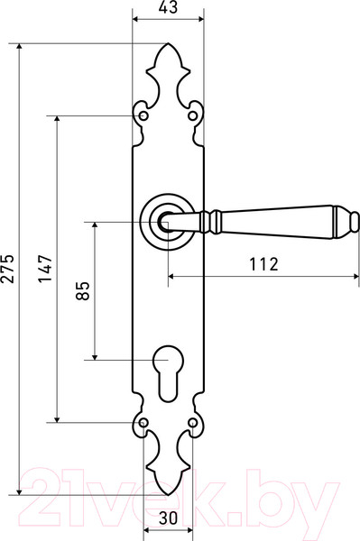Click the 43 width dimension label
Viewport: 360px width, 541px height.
[169, 7]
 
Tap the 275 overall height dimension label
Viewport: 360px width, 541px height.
[7, 269]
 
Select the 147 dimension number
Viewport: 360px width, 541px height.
[45, 269]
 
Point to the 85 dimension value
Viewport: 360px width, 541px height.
[82, 291]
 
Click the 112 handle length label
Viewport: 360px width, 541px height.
[263, 264]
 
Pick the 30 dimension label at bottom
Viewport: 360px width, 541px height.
[168, 518]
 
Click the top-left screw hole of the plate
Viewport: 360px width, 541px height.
[143, 115]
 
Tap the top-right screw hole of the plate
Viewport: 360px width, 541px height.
[192, 115]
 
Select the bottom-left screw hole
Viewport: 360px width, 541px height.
[143, 422]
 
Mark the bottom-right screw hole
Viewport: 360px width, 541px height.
[192, 422]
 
